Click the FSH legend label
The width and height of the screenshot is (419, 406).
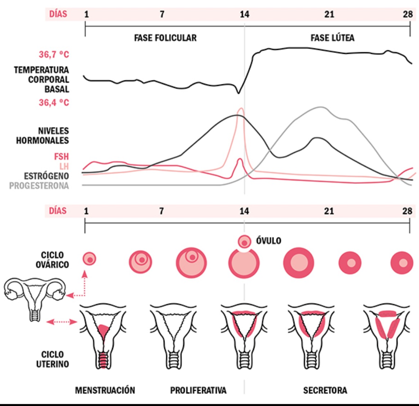[61, 157]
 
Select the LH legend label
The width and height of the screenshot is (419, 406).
[64, 166]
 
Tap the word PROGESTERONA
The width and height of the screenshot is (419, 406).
[39, 185]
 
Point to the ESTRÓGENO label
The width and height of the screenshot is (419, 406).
[46, 176]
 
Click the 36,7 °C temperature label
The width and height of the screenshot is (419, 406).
[53, 55]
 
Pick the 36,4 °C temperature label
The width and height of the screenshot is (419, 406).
[53, 102]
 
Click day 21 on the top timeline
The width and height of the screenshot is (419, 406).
[329, 14]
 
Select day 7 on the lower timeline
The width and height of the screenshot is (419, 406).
[161, 211]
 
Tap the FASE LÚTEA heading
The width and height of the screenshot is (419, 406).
[332, 38]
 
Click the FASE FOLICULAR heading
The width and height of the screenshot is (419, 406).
[165, 38]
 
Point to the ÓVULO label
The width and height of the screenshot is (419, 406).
[268, 241]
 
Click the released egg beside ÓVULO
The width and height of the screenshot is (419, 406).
[244, 242]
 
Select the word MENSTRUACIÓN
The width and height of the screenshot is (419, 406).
[105, 390]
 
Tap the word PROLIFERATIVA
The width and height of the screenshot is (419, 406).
[198, 390]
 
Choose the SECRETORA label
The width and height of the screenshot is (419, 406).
[325, 390]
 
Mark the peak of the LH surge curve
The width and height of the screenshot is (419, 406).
[241, 109]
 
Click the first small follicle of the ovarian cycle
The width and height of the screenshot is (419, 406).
[89, 259]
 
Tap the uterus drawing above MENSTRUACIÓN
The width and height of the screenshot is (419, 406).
[103, 336]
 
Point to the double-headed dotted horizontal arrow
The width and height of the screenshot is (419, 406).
[62, 322]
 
